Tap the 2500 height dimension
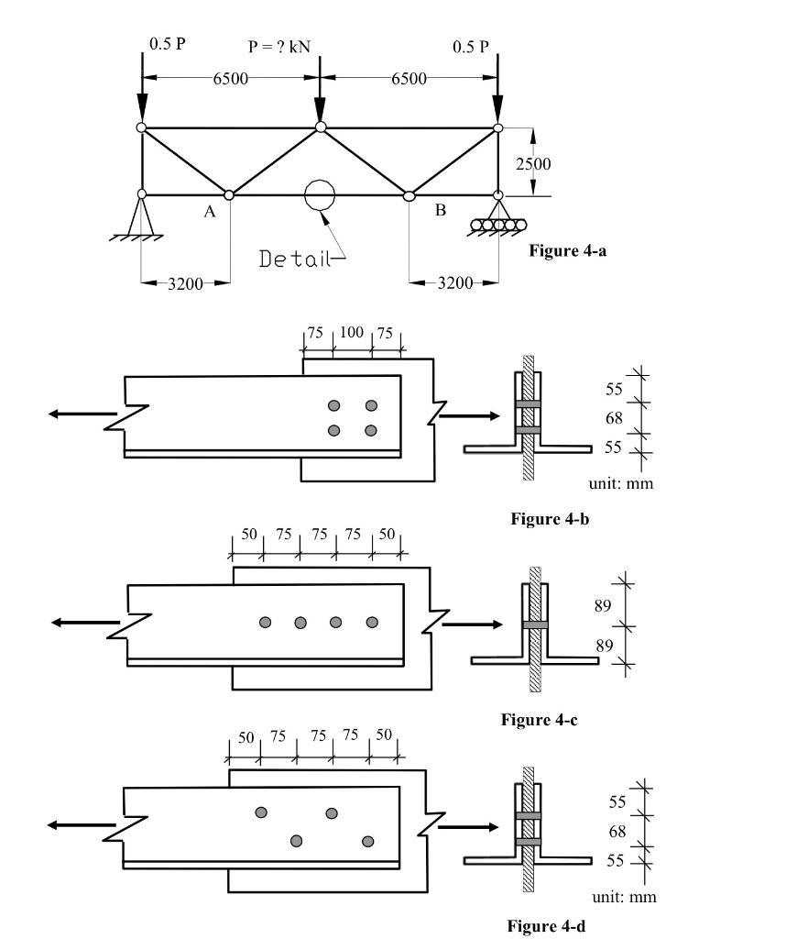pyautogui.click(x=532, y=164)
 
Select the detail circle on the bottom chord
pyautogui.click(x=320, y=194)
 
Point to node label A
pyautogui.click(x=209, y=213)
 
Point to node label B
pyautogui.click(x=441, y=210)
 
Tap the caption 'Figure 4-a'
pyautogui.click(x=568, y=250)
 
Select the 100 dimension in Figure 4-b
pyautogui.click(x=352, y=332)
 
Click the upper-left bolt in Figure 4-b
pyautogui.click(x=334, y=406)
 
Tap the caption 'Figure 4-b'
pyautogui.click(x=549, y=519)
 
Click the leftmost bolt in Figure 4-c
pyautogui.click(x=266, y=623)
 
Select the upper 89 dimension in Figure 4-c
pyautogui.click(x=604, y=605)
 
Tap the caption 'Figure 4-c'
pyautogui.click(x=539, y=720)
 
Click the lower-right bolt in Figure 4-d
pyautogui.click(x=368, y=841)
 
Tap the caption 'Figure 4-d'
pyautogui.click(x=545, y=926)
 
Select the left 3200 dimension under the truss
pyautogui.click(x=185, y=283)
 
